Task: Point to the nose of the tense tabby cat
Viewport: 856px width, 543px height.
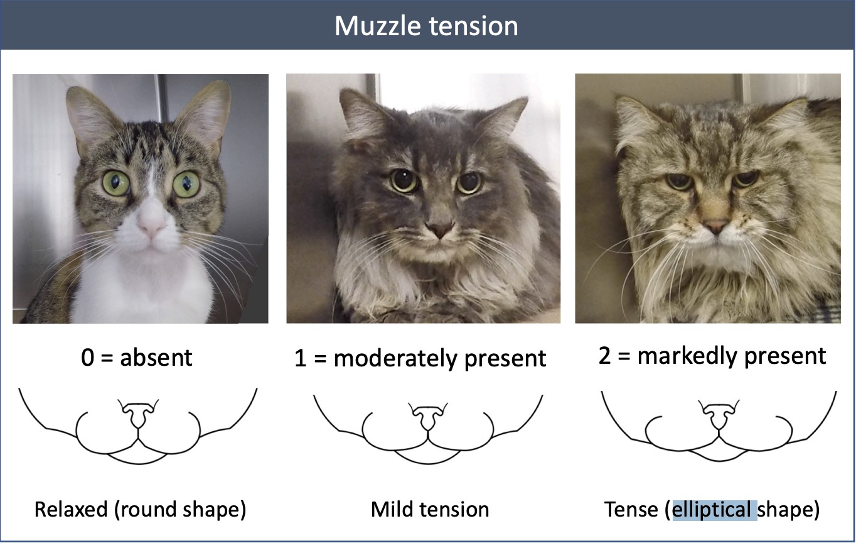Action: [x=716, y=226]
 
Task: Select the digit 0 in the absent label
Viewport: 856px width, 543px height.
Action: [x=87, y=358]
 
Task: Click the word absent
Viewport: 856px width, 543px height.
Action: [x=156, y=358]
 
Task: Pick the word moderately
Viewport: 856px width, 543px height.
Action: [x=395, y=359]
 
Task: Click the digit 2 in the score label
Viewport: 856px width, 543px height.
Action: [x=604, y=356]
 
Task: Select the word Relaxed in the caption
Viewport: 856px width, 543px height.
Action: [x=71, y=509]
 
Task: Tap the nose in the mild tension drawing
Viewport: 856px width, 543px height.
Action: [x=427, y=417]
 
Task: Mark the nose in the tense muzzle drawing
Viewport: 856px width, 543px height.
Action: [x=719, y=415]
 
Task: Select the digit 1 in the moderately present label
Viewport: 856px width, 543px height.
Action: [x=301, y=359]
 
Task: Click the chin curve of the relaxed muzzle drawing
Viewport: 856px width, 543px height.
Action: [x=138, y=463]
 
